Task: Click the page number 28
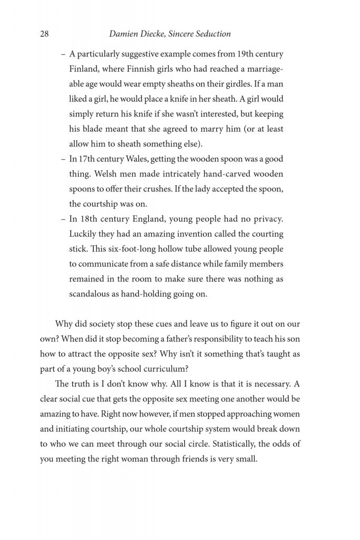(44, 34)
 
